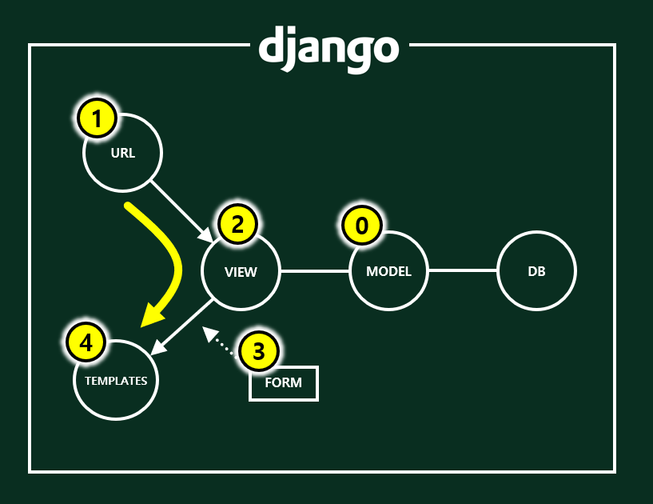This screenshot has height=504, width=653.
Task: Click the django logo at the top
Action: click(x=328, y=49)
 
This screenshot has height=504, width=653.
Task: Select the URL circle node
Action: click(x=123, y=153)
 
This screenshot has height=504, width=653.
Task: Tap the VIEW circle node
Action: click(x=241, y=271)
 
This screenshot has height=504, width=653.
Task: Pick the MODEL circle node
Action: click(x=388, y=271)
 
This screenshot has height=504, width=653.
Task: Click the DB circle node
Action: click(x=536, y=271)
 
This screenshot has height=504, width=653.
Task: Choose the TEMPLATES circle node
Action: click(x=116, y=381)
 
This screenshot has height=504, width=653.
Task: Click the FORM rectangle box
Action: click(x=284, y=382)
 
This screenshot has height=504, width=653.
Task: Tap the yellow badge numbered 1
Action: click(x=97, y=120)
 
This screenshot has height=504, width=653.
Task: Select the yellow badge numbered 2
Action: click(x=237, y=225)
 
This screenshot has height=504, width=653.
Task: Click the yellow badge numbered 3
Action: click(x=258, y=350)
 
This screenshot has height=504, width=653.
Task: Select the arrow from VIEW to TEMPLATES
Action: click(x=182, y=326)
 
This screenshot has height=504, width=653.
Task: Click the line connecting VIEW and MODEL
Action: click(x=315, y=271)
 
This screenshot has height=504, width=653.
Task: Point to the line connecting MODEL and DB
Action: click(x=463, y=271)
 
